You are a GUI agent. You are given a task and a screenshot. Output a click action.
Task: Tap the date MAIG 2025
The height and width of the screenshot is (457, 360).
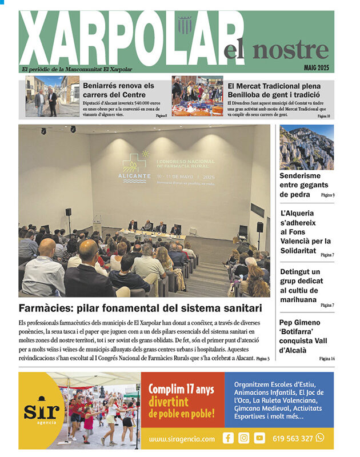(316, 69)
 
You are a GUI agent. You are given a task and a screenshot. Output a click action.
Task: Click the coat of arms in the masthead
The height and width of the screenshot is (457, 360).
(185, 25)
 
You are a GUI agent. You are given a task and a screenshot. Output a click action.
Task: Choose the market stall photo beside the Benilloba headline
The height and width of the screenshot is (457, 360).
(197, 97)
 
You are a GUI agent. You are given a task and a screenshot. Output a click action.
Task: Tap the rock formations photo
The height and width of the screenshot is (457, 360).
(306, 147)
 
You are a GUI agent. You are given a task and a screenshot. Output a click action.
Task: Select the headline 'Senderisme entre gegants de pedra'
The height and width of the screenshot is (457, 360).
(303, 185)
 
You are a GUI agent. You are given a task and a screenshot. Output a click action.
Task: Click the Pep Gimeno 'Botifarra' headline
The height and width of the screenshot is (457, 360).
(303, 336)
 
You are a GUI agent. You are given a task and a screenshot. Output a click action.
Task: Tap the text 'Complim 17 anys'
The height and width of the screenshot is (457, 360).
(181, 390)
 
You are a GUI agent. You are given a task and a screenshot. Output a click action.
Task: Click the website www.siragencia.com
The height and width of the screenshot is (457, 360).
(182, 439)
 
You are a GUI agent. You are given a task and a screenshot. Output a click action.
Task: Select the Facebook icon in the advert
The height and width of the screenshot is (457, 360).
(228, 438)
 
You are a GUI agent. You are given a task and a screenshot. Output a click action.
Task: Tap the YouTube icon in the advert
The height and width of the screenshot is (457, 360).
(259, 438)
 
